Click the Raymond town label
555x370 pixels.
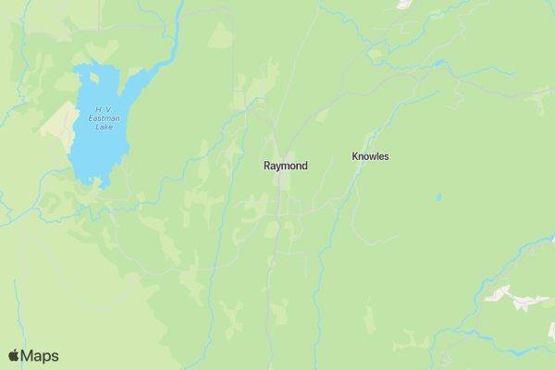tap(285, 166)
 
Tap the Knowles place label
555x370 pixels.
tap(370, 156)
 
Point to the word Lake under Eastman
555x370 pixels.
tap(105, 127)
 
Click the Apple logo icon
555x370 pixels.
tap(14, 355)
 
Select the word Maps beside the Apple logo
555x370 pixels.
tap(41, 355)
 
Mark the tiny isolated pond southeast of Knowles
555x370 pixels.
tap(438, 197)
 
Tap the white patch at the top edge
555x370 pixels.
tap(403, 4)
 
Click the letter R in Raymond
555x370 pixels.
tap(267, 166)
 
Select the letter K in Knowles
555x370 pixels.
tap(355, 156)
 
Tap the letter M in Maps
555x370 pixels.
tap(29, 355)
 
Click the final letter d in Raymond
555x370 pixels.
tap(303, 166)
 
